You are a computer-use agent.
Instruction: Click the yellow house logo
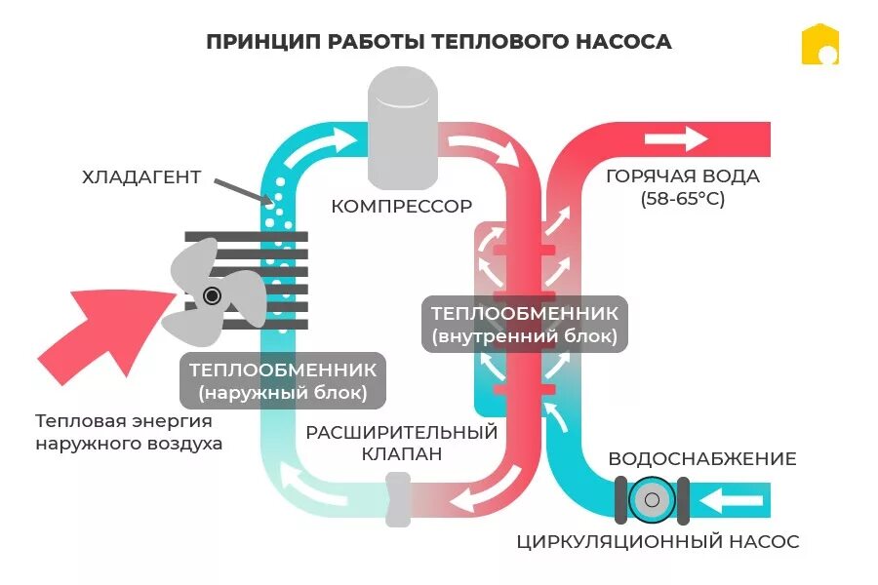pos(820,45)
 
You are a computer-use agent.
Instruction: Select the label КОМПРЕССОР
pos(402,207)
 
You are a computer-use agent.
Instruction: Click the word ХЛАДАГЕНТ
pos(142,177)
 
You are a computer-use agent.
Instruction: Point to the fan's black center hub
pos(212,295)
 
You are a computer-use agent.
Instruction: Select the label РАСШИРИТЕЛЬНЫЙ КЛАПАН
pos(402,443)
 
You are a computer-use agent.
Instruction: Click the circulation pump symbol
pos(652,501)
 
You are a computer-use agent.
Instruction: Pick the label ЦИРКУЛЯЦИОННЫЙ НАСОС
pos(658,542)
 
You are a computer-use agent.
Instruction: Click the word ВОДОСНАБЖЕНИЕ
pos(702,459)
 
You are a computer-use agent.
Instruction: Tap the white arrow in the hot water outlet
pos(689,138)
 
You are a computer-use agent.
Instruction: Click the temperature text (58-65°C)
pos(683,199)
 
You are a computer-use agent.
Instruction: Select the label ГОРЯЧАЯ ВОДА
pos(683,177)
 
